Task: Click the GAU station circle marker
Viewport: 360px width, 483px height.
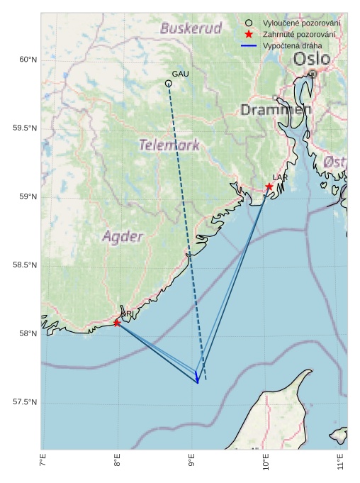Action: click(169, 84)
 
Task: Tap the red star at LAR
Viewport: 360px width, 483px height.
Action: click(269, 187)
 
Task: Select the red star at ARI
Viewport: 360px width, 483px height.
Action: click(117, 323)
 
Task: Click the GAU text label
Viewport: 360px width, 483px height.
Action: click(180, 74)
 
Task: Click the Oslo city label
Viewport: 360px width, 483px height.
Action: click(312, 58)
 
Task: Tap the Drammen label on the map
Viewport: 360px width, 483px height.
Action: click(276, 110)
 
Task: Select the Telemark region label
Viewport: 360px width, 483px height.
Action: click(169, 145)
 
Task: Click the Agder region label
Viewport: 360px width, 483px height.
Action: click(123, 236)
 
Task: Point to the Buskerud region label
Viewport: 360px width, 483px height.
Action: click(191, 28)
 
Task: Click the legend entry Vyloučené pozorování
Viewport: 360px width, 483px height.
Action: click(300, 23)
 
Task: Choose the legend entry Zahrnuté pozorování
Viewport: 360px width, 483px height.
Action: click(300, 34)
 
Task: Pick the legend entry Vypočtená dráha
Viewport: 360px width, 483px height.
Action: click(292, 45)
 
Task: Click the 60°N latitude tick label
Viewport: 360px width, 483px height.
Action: click(28, 60)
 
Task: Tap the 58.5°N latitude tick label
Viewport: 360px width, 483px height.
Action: click(25, 265)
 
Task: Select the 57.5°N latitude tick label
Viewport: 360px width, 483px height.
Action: click(25, 402)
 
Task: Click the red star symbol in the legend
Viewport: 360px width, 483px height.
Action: click(248, 34)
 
